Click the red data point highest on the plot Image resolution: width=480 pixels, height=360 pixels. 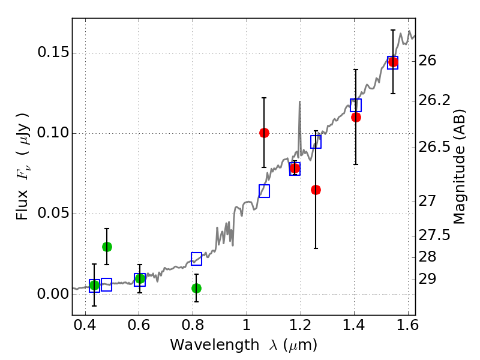[x=393, y=62]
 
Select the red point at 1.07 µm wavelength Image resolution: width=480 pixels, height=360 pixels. [x=264, y=133]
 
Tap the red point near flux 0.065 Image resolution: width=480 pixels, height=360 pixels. [x=316, y=190]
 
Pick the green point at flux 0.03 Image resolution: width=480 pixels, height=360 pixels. [x=107, y=247]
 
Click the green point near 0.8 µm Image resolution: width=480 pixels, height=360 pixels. [x=196, y=288]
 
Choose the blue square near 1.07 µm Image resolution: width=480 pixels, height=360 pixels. [x=264, y=191]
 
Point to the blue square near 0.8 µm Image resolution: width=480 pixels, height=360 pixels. [x=196, y=259]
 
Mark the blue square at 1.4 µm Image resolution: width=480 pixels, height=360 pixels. [x=356, y=105]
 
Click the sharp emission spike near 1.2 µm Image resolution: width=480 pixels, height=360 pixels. [x=299, y=103]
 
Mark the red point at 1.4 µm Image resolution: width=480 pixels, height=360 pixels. [x=356, y=117]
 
